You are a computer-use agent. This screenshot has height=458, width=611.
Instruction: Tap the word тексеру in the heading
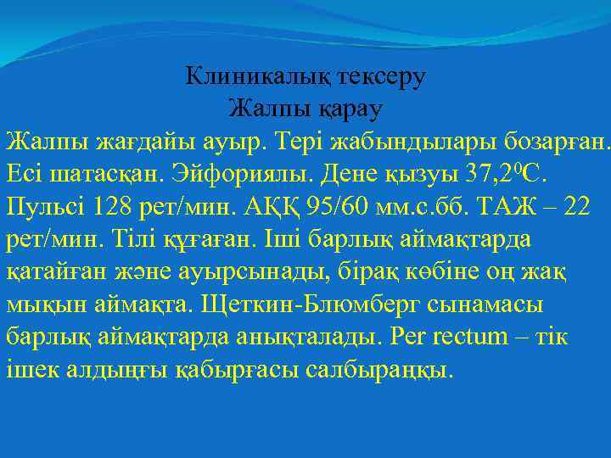click(x=382, y=77)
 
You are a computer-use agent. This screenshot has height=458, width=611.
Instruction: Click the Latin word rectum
click(x=476, y=337)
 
